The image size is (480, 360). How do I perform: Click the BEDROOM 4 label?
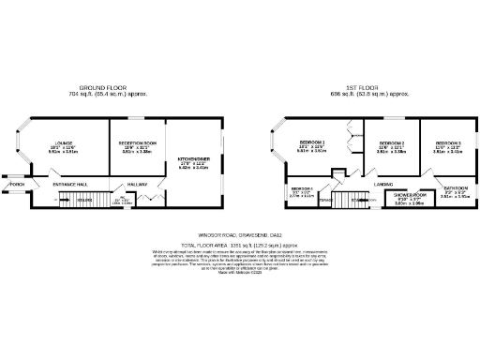click(x=301, y=188)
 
